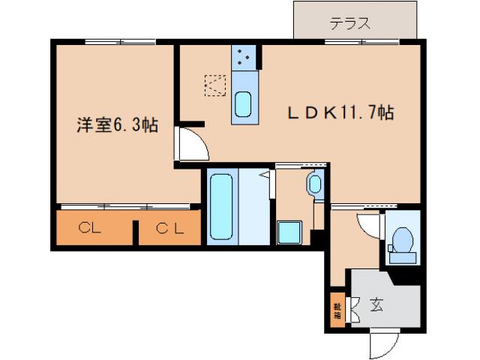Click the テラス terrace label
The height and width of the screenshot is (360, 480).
coord(350,22)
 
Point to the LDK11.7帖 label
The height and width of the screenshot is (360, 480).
coord(342,113)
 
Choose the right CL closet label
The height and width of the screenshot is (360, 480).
coord(170,229)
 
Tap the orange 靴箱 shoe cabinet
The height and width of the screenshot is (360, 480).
coord(337,309)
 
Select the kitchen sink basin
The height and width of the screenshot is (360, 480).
coord(244,103)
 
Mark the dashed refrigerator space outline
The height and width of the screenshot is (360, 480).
coord(216,85)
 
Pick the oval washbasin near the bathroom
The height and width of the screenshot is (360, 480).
coord(314,184)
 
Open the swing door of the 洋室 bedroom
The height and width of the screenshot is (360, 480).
coord(189,144)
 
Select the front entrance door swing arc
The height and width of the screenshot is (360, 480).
coord(383,344)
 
